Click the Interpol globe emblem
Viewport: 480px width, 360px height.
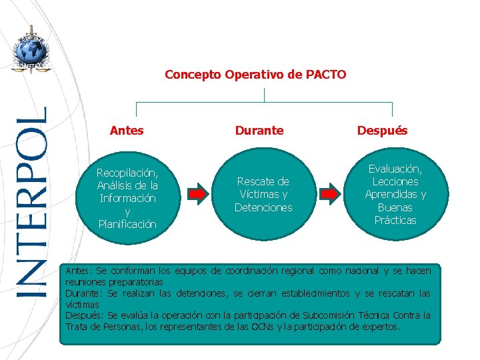pos(30,49)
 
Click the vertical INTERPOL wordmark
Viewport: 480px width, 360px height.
pos(32,200)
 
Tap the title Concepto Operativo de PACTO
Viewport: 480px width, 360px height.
pos(255,74)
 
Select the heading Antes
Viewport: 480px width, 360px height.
pos(127,131)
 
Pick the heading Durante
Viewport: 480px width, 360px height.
pos(259,131)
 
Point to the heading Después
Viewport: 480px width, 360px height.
pos(382,131)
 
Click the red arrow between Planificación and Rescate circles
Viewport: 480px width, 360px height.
pos(198,193)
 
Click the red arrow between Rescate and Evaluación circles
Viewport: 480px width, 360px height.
pos(327,193)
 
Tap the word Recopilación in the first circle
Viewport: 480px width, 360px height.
pos(127,173)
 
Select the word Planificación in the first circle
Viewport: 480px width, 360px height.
pos(127,224)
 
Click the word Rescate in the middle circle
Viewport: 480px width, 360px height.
pos(263,181)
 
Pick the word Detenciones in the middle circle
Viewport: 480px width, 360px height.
pos(263,207)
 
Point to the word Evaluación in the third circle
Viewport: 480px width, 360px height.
pos(395,169)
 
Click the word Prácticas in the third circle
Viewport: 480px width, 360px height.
pos(395,220)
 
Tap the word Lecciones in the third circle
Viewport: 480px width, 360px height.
pos(395,181)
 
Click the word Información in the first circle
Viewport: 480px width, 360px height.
pos(127,198)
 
